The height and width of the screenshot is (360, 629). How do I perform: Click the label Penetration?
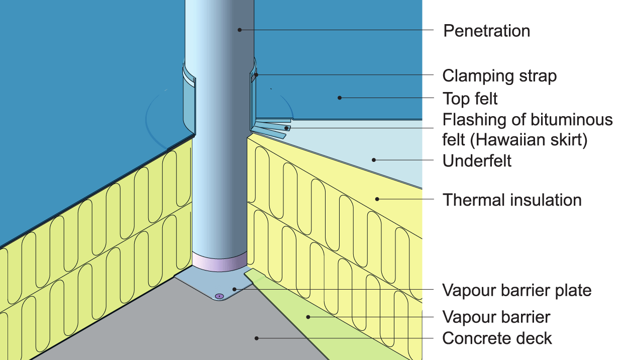point(486,31)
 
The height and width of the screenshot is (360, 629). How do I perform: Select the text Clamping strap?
point(499,76)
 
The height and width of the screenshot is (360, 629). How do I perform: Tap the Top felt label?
point(470,99)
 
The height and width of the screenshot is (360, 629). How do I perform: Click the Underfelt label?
point(477,161)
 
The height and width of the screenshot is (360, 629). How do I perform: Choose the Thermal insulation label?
point(511,200)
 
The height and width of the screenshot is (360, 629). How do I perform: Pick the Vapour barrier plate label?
point(516,290)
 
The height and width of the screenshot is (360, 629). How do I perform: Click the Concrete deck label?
point(496,338)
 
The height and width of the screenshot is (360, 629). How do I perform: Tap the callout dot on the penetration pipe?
point(240,30)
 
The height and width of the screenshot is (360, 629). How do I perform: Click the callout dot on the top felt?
point(340,98)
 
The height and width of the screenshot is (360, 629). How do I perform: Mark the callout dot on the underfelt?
point(374,160)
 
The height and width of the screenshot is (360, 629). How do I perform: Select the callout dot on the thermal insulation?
point(377,199)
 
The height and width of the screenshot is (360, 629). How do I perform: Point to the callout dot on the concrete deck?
point(257,338)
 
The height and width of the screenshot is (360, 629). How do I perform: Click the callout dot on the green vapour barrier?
point(308,317)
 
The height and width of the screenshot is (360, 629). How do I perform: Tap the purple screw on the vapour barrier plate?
point(220,296)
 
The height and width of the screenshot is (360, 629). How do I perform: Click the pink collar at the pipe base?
point(220,262)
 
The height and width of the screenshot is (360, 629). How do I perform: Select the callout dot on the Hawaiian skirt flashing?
point(287,128)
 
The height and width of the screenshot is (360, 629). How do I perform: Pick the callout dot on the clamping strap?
point(256,75)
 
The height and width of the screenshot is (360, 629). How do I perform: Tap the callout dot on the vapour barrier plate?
point(235,289)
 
